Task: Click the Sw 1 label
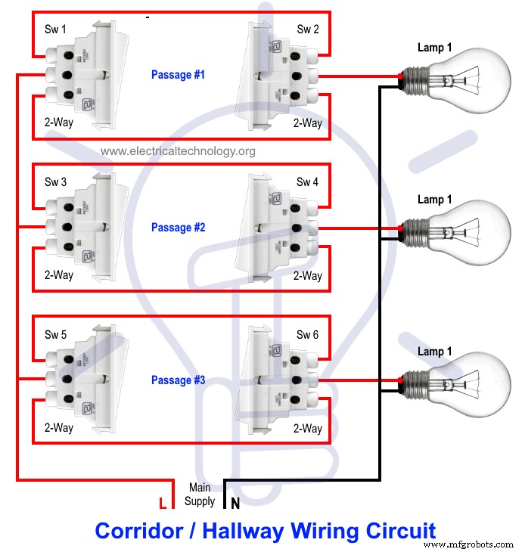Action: pyautogui.click(x=55, y=30)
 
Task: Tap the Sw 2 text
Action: pyautogui.click(x=307, y=30)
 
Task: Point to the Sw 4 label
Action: pyautogui.click(x=307, y=182)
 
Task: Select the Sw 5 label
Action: pyautogui.click(x=55, y=335)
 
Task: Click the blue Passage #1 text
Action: pyautogui.click(x=178, y=75)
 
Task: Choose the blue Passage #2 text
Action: pyautogui.click(x=178, y=228)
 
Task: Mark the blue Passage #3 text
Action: pyautogui.click(x=178, y=380)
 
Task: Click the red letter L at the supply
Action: pyautogui.click(x=161, y=502)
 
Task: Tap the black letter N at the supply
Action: pyautogui.click(x=235, y=502)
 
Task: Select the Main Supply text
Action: pyautogui.click(x=200, y=495)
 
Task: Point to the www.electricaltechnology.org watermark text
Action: pyautogui.click(x=178, y=151)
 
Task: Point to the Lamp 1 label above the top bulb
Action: pyautogui.click(x=435, y=48)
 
